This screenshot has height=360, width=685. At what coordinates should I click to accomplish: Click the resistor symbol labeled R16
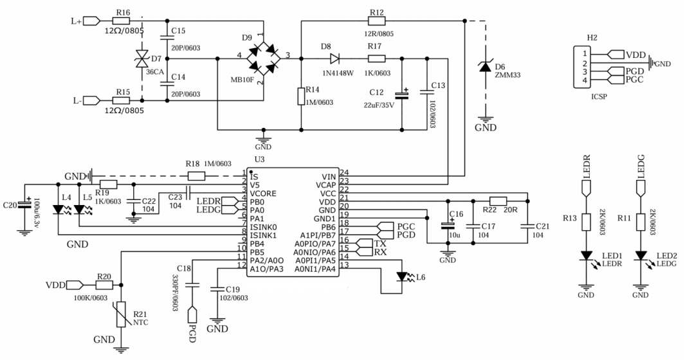pyautogui.click(x=121, y=21)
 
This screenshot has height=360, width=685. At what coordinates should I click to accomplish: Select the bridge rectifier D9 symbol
pyautogui.click(x=264, y=58)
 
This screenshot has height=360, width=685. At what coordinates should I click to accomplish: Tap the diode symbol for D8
pyautogui.click(x=334, y=58)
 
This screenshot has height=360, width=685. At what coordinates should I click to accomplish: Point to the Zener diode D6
pyautogui.click(x=484, y=67)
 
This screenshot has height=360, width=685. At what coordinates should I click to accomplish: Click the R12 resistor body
pyautogui.click(x=376, y=21)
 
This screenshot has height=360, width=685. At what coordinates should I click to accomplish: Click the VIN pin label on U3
pyautogui.click(x=329, y=177)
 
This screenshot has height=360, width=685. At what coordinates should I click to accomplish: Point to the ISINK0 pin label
pyautogui.click(x=264, y=227)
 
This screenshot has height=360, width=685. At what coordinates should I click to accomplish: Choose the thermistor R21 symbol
pyautogui.click(x=121, y=314)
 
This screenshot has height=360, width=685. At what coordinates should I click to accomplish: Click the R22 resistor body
pyautogui.click(x=498, y=201)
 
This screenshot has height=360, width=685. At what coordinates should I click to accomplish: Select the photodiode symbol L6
pyautogui.click(x=403, y=276)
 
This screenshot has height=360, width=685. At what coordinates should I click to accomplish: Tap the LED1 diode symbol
pyautogui.click(x=586, y=256)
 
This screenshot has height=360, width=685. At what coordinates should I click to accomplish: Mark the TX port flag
pyautogui.click(x=365, y=244)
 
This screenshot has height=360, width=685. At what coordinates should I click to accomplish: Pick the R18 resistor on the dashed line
pyautogui.click(x=196, y=177)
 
